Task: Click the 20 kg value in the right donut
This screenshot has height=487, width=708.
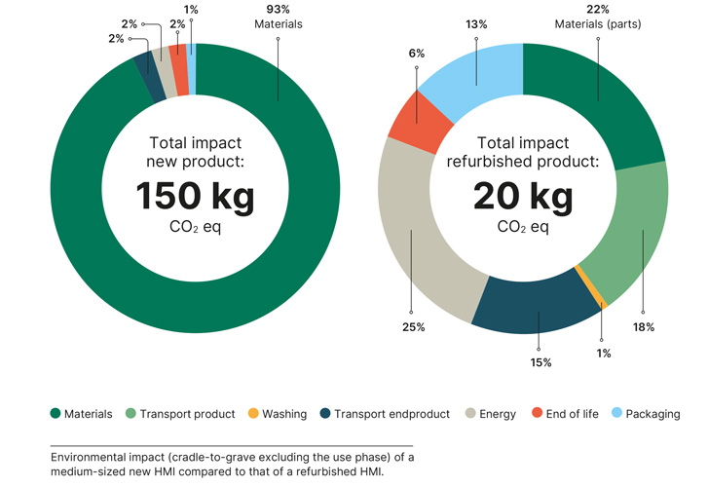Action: click(x=522, y=197)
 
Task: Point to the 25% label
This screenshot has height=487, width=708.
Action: click(x=413, y=327)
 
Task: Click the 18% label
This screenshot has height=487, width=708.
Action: click(x=645, y=328)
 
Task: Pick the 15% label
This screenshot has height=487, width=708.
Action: click(x=540, y=362)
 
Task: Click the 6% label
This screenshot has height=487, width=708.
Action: click(x=417, y=54)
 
